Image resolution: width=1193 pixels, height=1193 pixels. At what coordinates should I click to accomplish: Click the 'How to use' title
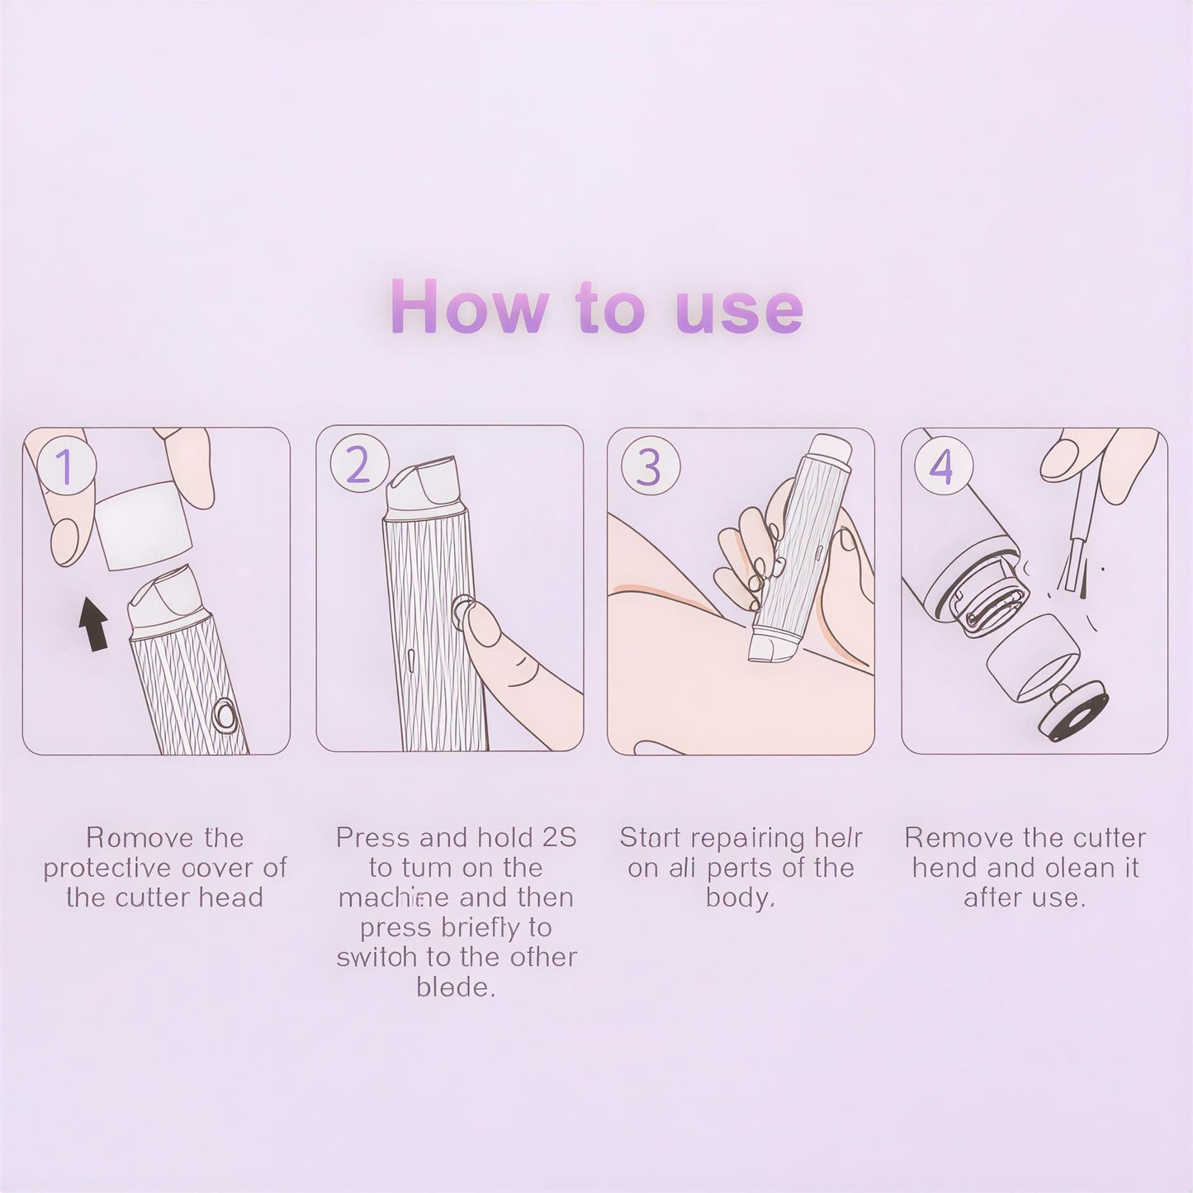[x=596, y=308]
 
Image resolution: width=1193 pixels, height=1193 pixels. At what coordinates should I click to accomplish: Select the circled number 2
[x=358, y=465]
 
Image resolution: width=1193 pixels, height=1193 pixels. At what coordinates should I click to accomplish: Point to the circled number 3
[x=650, y=466]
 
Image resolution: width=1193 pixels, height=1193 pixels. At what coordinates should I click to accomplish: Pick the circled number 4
[x=942, y=466]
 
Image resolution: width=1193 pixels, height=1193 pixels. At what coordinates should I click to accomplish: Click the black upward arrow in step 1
[x=94, y=625]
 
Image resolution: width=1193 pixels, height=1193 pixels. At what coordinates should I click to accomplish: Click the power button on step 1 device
[x=223, y=715]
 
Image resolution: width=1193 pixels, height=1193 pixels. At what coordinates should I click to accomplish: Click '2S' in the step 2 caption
[x=559, y=838]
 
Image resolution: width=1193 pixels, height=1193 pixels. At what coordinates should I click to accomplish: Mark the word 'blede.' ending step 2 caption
[x=456, y=987]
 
